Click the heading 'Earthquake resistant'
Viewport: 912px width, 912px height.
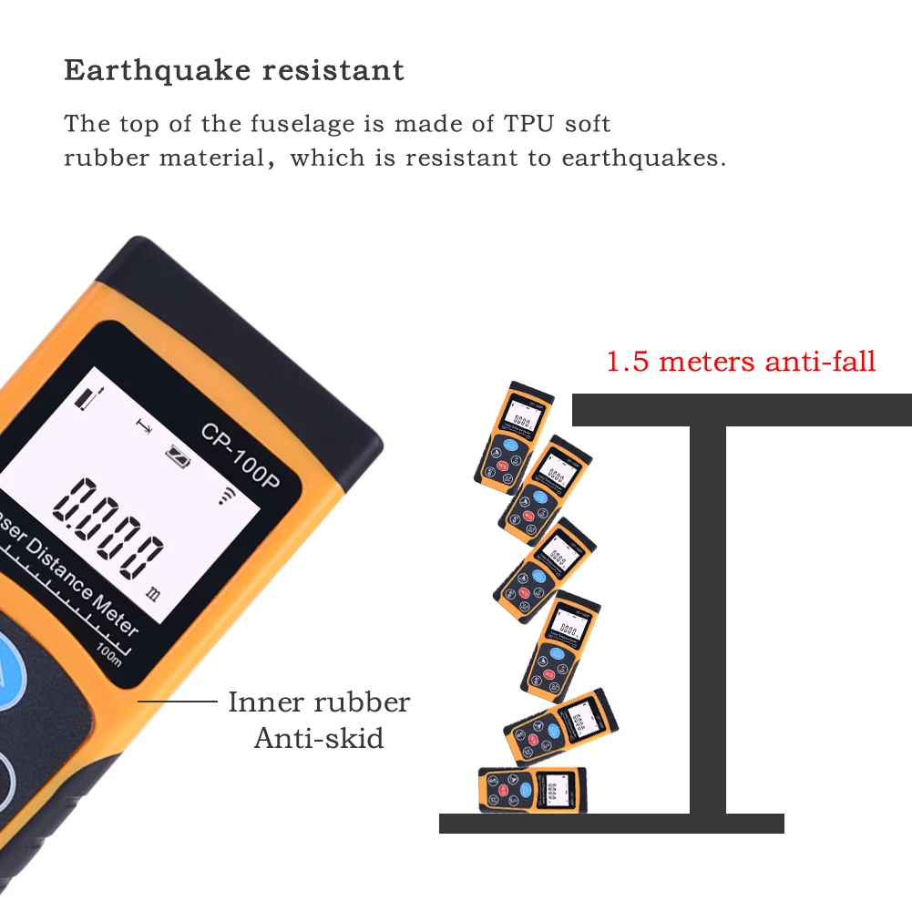(234, 70)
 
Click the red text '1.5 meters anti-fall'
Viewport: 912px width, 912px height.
(741, 361)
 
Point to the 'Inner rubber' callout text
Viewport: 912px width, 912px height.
(318, 702)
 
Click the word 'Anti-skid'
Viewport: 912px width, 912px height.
(319, 737)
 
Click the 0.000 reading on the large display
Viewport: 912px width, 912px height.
(109, 527)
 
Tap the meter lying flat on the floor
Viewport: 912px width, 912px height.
(533, 789)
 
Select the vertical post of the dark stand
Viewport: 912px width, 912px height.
(708, 620)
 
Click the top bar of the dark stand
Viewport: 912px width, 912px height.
(741, 410)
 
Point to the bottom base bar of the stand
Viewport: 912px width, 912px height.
(610, 824)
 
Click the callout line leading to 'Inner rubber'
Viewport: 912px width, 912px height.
(174, 702)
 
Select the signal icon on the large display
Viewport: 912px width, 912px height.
(224, 496)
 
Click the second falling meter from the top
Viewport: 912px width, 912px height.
(544, 489)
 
